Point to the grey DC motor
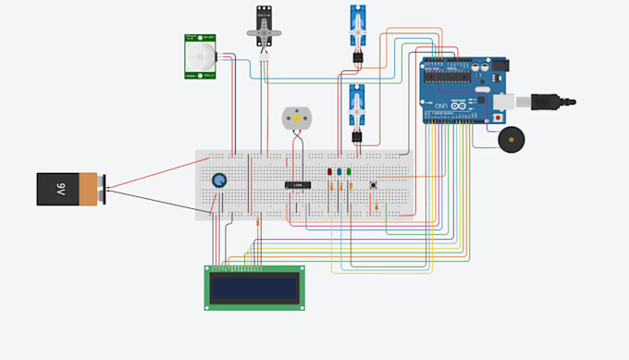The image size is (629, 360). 297,118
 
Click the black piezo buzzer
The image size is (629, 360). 512,140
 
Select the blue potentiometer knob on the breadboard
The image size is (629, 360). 219,180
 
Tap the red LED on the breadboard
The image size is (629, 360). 330,171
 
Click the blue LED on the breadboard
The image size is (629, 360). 339,171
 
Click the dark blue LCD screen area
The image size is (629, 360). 253,288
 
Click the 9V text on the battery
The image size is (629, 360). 61,189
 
